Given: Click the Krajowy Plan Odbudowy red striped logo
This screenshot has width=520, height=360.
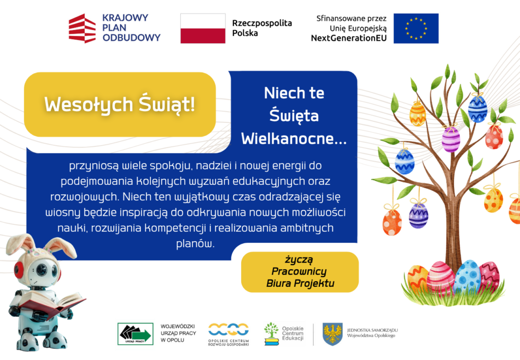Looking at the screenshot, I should (x=82, y=28).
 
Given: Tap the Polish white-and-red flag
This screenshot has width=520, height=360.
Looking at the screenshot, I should (x=203, y=28).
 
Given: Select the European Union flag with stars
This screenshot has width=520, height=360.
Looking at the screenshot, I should (x=416, y=28).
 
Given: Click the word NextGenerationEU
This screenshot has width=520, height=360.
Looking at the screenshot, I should (x=348, y=38).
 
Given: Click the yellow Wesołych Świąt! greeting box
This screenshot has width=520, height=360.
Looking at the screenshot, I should (x=120, y=105).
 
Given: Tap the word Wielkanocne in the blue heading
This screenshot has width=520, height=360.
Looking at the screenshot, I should (x=294, y=139).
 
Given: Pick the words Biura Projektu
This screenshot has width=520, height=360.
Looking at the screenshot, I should (x=300, y=283).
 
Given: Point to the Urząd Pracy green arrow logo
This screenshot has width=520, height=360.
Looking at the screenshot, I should (x=135, y=334).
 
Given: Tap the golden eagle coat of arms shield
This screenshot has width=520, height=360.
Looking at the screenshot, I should (x=333, y=334).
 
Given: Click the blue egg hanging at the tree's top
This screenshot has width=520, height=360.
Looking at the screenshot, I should (x=477, y=108).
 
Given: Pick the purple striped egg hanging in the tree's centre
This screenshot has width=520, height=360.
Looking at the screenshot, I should (x=450, y=139).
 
